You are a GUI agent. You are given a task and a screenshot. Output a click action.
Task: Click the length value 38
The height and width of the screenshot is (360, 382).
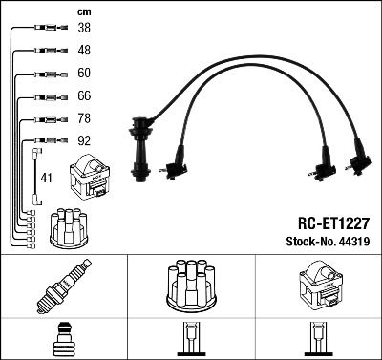(x=84, y=28)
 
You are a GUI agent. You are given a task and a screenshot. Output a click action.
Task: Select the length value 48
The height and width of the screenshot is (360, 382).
(x=84, y=50)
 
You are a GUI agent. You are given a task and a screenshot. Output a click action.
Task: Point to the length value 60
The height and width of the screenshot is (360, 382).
(x=84, y=73)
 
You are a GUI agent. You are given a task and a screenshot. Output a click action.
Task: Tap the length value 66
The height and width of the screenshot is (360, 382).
(x=84, y=95)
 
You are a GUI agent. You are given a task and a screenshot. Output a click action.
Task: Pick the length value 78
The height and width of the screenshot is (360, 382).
(x=84, y=118)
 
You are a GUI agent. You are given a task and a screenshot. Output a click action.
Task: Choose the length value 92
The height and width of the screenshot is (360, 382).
(x=84, y=140)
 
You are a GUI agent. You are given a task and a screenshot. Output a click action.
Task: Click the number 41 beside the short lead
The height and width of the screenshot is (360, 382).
(x=46, y=178)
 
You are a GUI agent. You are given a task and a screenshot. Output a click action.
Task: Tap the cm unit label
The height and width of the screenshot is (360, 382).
(x=84, y=12)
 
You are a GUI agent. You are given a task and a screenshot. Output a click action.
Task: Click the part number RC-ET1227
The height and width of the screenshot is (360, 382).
(x=333, y=223)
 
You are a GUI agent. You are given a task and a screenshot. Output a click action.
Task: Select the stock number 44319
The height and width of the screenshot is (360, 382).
(x=354, y=242)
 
